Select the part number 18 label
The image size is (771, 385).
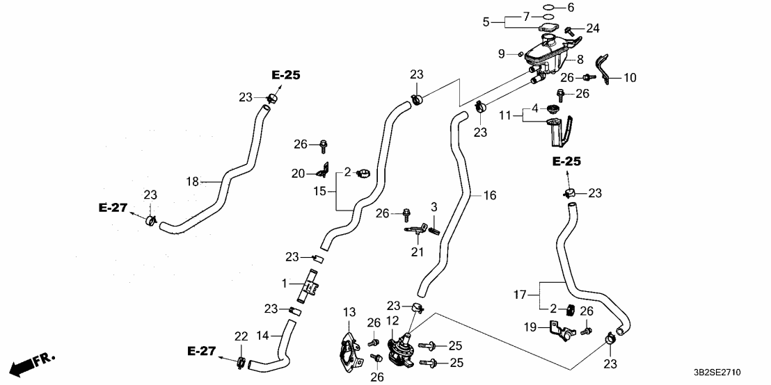pyautogui.click(x=193, y=182)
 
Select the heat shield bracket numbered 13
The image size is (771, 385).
pyautogui.click(x=350, y=351)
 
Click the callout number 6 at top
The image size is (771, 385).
pyautogui.click(x=571, y=8)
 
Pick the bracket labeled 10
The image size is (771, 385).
pyautogui.click(x=607, y=69)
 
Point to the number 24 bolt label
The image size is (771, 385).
pyautogui.click(x=592, y=28)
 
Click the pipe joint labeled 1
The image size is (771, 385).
pyautogui.click(x=307, y=287)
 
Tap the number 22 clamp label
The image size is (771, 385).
pyautogui.click(x=241, y=336)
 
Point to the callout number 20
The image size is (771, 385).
pyautogui.click(x=299, y=173)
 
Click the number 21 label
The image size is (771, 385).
pyautogui.click(x=416, y=251)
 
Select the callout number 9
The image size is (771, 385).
pyautogui.click(x=501, y=54)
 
